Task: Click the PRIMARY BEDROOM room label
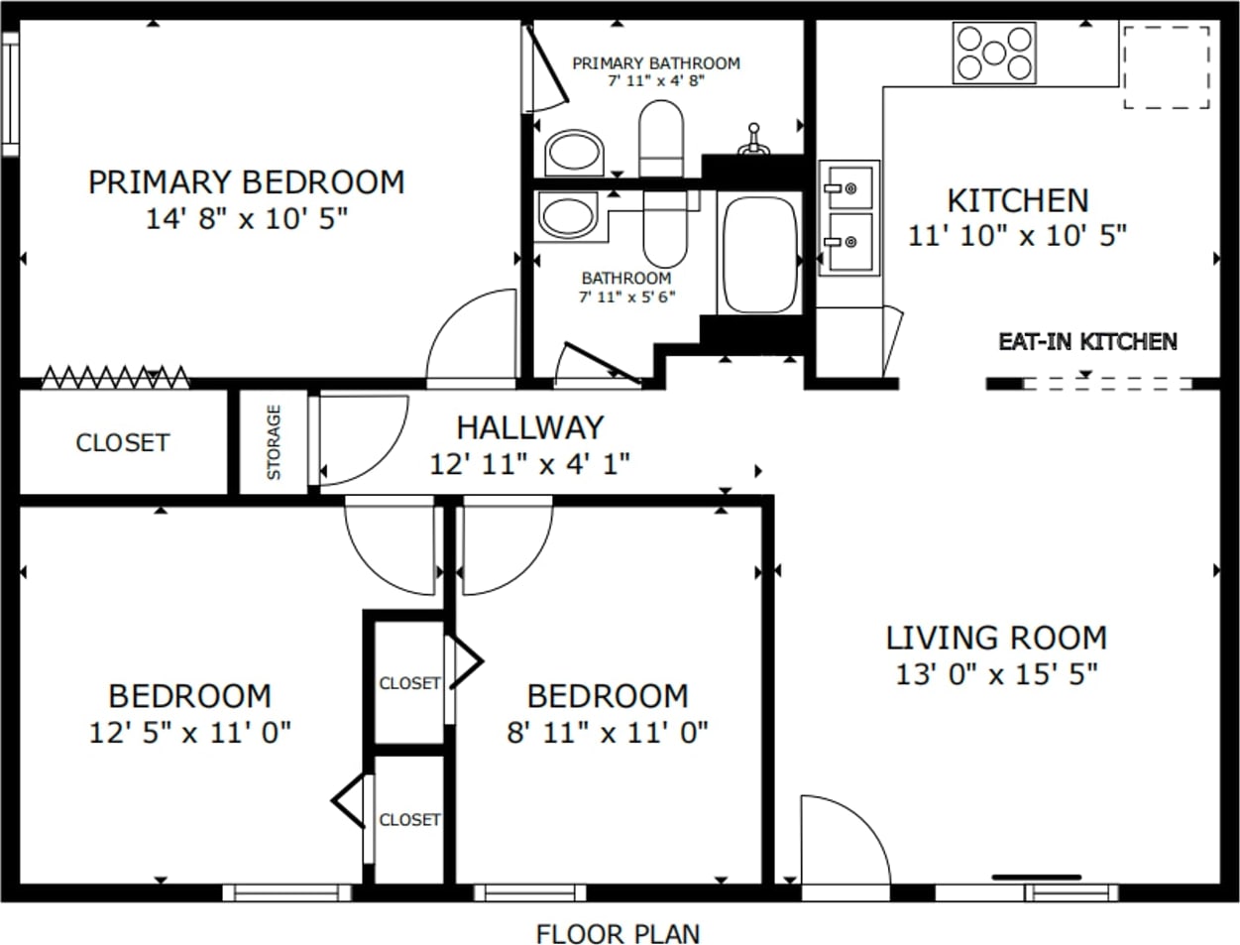pos(247,182)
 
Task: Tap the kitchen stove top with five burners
pos(994,54)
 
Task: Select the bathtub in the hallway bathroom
pos(760,254)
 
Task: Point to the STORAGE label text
pos(274,442)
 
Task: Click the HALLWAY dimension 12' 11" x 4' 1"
pos(530,465)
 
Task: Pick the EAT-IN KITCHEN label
pos(1088,342)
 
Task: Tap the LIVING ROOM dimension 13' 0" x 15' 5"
pos(996,674)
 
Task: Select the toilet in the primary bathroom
pos(661,139)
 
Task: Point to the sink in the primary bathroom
pos(574,153)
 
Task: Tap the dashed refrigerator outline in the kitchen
pos(1167,66)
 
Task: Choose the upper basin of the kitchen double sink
pos(850,187)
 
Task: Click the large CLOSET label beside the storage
pos(123,443)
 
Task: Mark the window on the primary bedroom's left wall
pos(11,94)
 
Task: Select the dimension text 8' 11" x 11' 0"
pos(608,734)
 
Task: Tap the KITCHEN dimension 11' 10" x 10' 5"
pos(1017,236)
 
